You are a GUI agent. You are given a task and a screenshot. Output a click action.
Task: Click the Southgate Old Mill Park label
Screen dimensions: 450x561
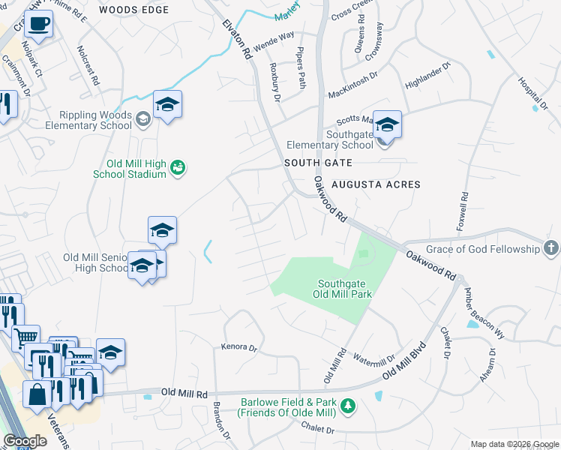click(x=344, y=289)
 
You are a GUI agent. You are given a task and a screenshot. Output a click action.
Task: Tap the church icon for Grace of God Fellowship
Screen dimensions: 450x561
click(x=551, y=248)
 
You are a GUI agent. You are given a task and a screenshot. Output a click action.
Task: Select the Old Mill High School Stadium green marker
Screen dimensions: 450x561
click(x=178, y=166)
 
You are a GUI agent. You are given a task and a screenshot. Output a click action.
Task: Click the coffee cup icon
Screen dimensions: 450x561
click(x=38, y=25)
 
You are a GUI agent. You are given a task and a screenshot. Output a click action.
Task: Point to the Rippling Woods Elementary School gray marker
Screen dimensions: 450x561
click(x=142, y=118)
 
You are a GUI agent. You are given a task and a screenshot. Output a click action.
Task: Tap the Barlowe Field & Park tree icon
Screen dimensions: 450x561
click(x=347, y=406)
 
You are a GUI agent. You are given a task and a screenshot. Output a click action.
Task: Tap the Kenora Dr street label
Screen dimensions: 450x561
click(x=239, y=347)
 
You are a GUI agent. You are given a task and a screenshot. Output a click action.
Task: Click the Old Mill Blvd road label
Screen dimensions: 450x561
click(x=403, y=361)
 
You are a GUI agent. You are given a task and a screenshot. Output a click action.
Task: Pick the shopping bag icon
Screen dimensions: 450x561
click(x=37, y=394)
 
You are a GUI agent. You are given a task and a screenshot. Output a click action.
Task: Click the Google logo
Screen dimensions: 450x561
click(x=24, y=441)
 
